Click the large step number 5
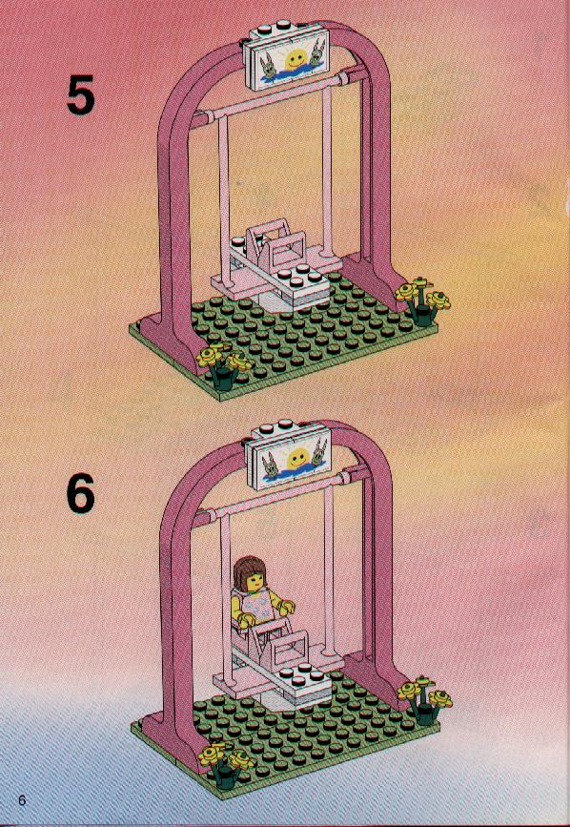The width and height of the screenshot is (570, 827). tap(81, 94)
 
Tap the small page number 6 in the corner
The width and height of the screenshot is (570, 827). tap(21, 799)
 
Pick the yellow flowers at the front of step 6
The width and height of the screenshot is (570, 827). tap(226, 763)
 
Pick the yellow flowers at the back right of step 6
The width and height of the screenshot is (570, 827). tap(424, 698)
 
